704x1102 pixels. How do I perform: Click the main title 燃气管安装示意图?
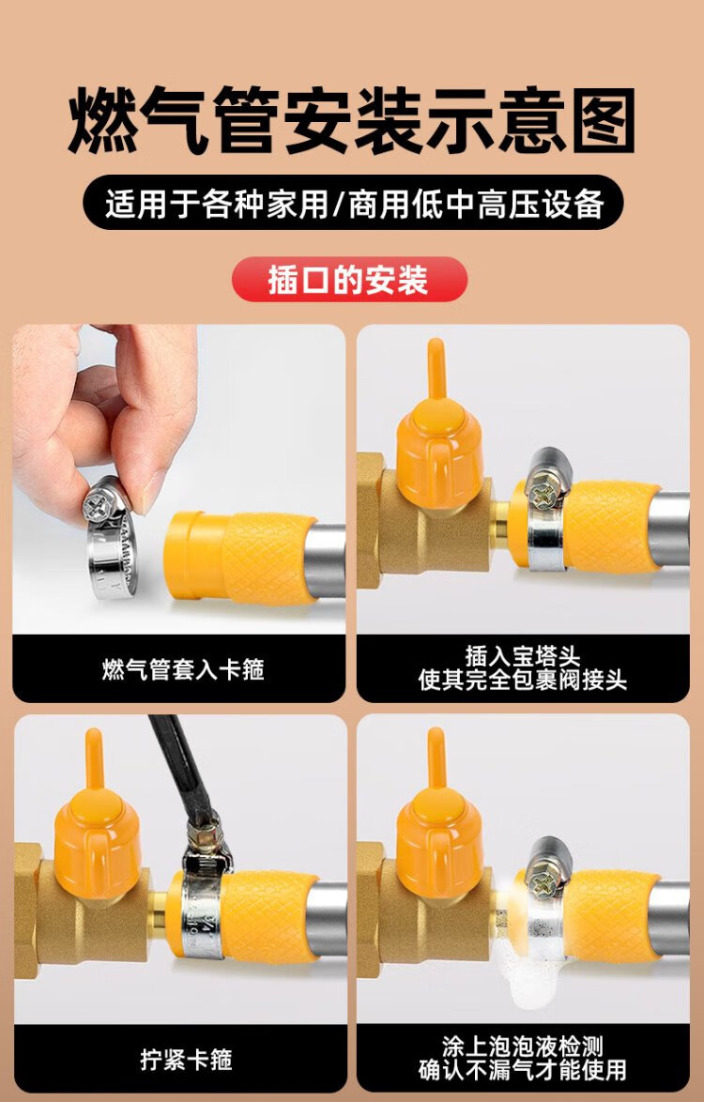(x=351, y=120)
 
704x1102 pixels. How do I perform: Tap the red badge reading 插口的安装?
(x=349, y=280)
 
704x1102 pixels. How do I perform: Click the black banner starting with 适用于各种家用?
(x=353, y=203)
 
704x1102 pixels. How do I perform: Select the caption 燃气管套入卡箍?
(x=183, y=670)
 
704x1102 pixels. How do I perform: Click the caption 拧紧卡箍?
(x=186, y=1059)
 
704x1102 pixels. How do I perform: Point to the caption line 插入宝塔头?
(x=523, y=656)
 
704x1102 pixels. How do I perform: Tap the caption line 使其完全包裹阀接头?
(x=523, y=681)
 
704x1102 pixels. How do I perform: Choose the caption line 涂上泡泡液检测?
(x=523, y=1047)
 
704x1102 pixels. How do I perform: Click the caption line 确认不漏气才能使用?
(x=523, y=1070)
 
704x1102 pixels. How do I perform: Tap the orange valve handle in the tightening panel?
(x=97, y=817)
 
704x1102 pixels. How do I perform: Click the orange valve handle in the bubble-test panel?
(x=439, y=817)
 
